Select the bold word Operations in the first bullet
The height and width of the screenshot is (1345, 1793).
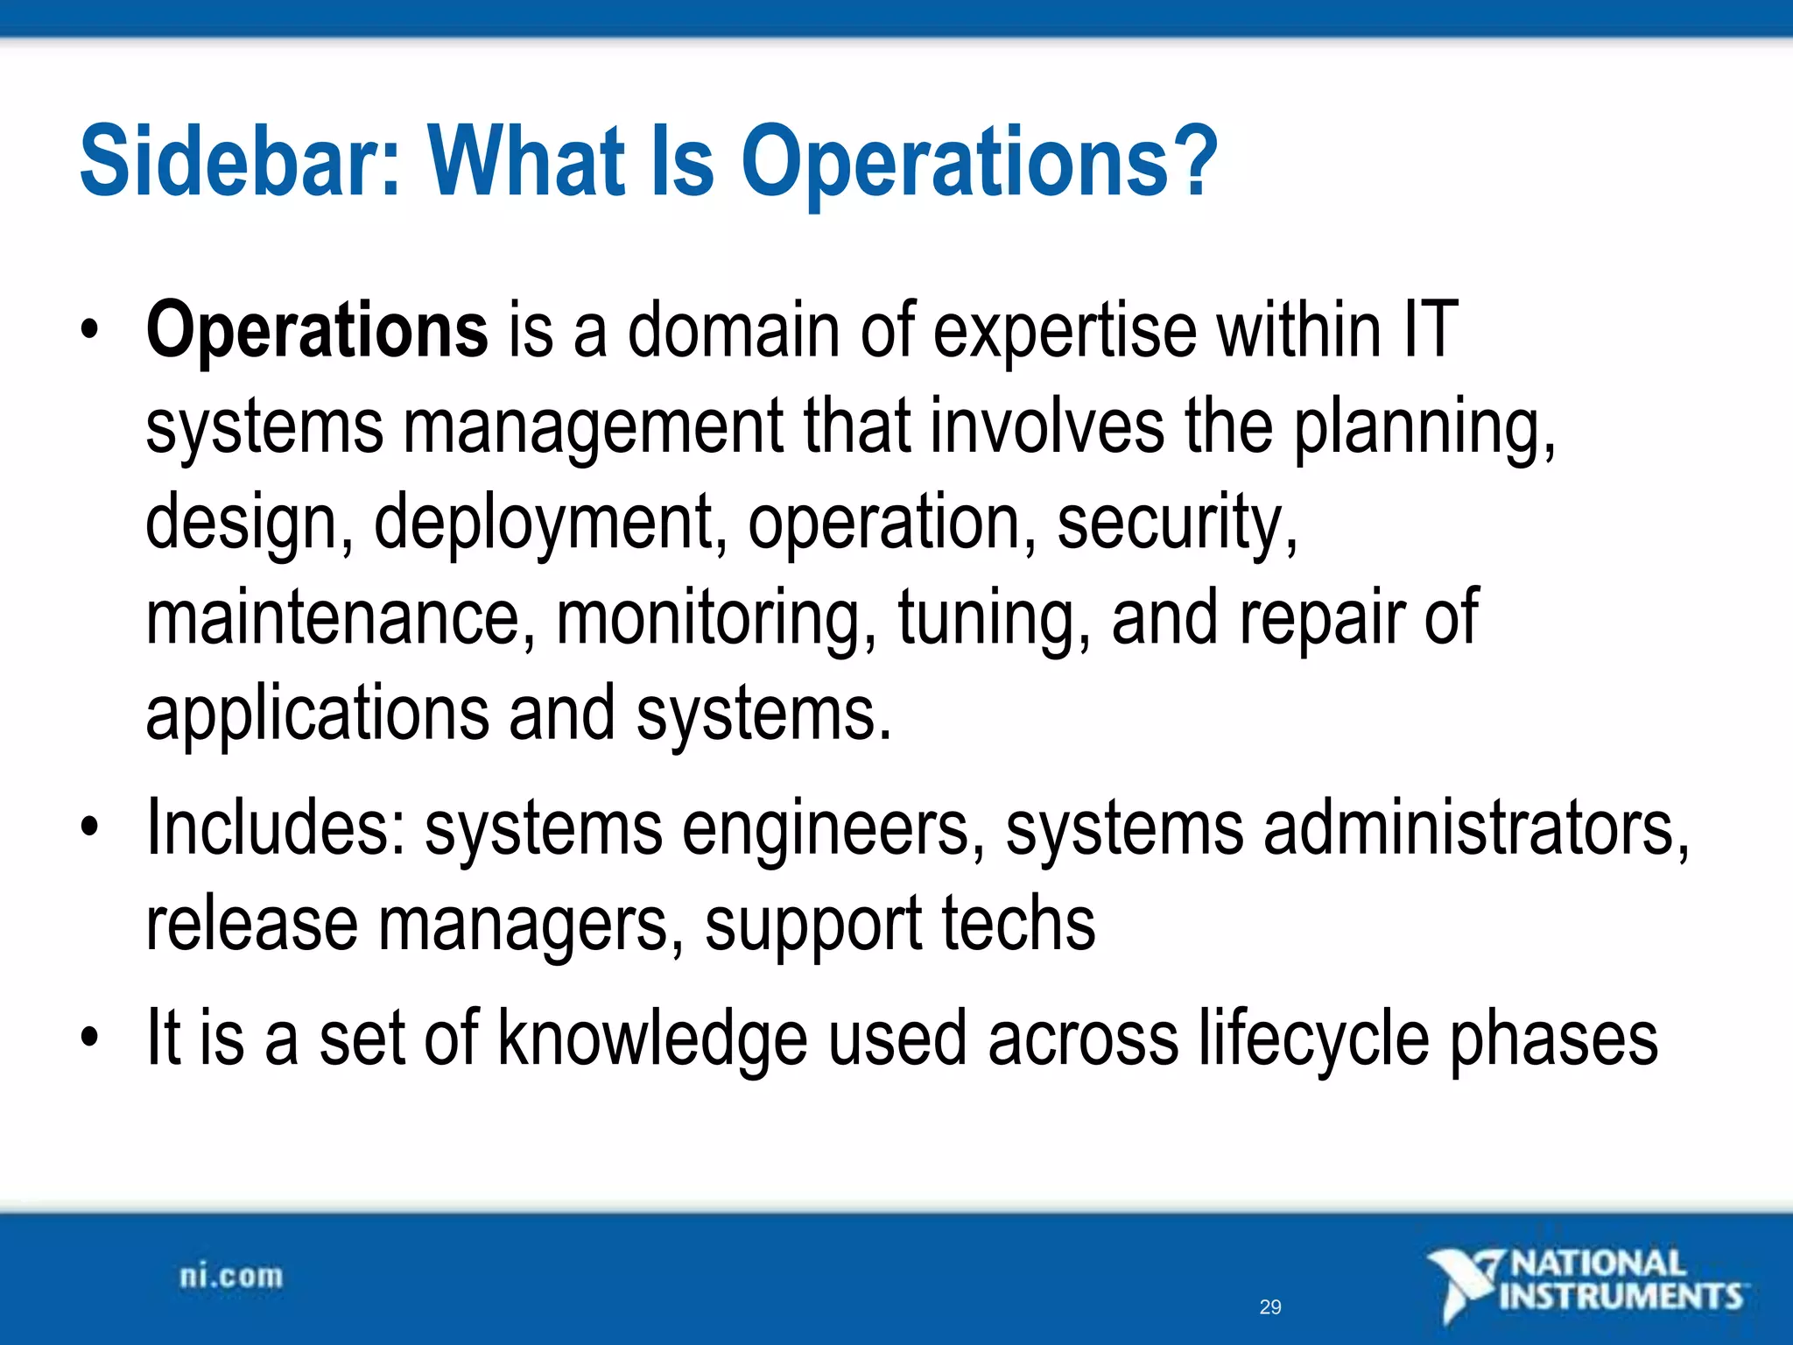(317, 331)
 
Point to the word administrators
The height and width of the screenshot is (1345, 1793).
(1475, 828)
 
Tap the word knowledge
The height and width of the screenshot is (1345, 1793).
(652, 1039)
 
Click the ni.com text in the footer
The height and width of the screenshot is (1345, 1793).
(232, 1277)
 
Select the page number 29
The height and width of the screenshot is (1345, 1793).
(1270, 1307)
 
